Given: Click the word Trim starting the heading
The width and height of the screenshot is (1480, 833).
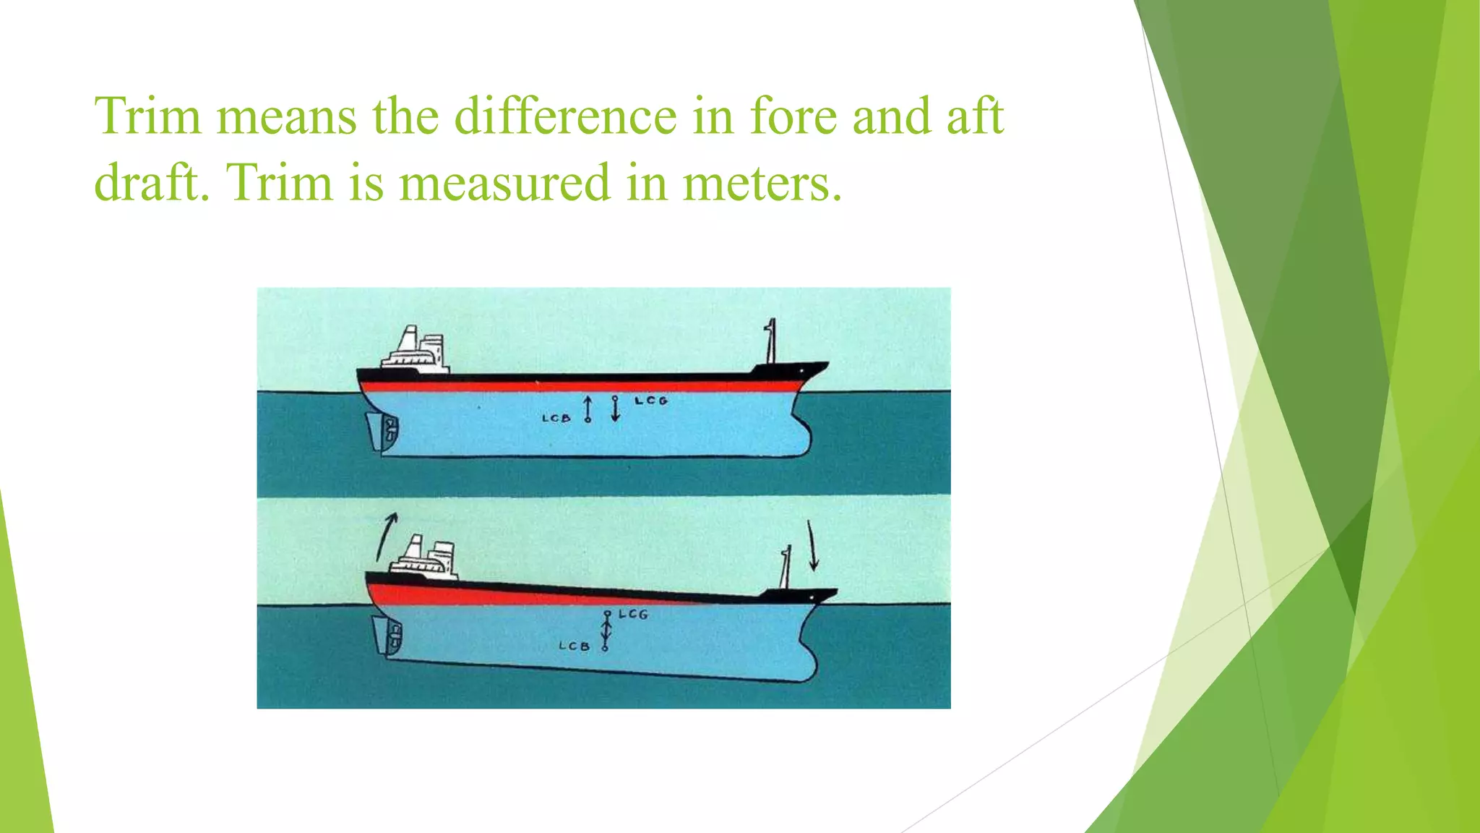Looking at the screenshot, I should click(148, 116).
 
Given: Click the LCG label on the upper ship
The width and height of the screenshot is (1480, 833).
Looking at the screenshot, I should click(651, 401).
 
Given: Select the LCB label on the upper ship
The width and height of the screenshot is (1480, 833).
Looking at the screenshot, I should click(556, 418).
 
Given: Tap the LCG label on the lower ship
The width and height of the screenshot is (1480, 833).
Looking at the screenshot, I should click(633, 614).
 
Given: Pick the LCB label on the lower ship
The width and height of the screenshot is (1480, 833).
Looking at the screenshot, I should click(574, 646).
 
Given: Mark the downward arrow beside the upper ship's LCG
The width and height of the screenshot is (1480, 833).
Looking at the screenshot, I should click(615, 409).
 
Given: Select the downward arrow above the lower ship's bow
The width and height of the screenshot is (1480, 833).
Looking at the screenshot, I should click(812, 545).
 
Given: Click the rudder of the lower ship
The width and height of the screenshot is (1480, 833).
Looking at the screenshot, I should click(380, 634).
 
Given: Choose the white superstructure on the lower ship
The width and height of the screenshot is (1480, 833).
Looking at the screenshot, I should click(427, 558).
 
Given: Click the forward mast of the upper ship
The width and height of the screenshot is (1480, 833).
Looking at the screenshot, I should click(770, 341).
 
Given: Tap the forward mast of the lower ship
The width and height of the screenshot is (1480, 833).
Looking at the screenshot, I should click(785, 568).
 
